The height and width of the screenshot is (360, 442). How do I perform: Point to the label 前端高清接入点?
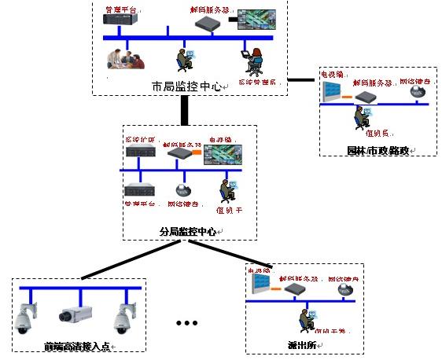76,346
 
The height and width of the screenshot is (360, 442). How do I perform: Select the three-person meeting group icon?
127,58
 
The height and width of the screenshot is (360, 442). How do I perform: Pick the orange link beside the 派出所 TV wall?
279,288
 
